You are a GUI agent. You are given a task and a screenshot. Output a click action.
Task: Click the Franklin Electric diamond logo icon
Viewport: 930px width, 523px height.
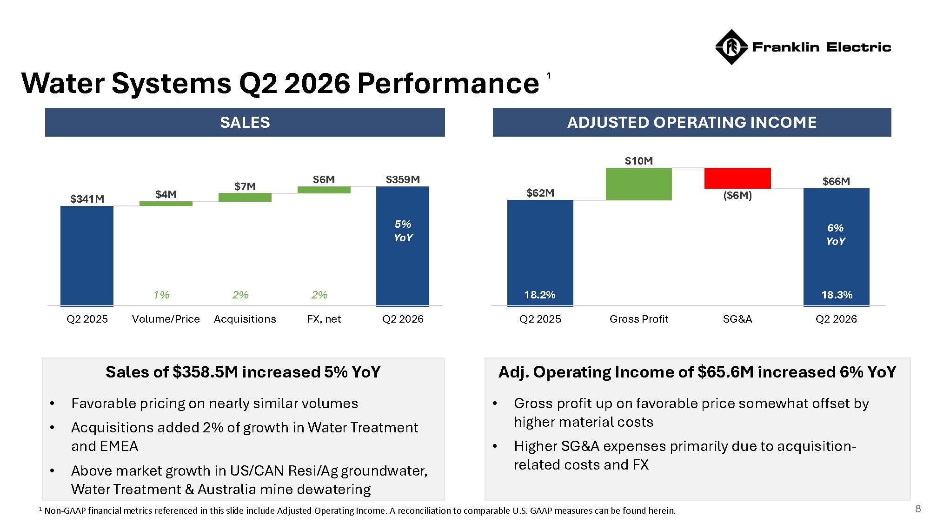coord(731,47)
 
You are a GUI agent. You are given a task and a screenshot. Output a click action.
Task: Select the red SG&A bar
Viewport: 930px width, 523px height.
coord(737,178)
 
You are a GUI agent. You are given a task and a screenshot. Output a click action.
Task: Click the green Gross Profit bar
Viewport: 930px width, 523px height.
coord(639,184)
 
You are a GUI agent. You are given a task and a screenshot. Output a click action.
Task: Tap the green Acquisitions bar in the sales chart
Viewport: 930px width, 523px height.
coord(245,197)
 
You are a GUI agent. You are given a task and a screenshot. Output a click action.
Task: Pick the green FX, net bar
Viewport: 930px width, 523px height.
coord(324,190)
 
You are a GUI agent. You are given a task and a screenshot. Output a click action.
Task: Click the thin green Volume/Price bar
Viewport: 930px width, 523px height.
coord(166,204)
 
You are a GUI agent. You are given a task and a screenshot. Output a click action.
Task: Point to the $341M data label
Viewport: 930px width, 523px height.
coord(87,199)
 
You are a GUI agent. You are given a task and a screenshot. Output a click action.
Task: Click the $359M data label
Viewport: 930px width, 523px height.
coord(403,179)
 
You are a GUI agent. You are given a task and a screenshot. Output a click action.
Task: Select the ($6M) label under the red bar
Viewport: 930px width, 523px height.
coord(737,195)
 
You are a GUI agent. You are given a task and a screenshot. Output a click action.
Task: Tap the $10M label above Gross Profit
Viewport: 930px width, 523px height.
coord(639,161)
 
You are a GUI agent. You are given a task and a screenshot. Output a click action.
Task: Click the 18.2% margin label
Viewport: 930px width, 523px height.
coord(540,295)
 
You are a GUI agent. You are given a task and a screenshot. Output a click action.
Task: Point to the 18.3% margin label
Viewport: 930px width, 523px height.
coord(837,295)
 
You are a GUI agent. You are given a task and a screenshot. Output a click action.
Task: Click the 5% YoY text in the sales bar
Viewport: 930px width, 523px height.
coord(403,231)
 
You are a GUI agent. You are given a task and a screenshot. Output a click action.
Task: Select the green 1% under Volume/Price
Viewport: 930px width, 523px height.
coord(161,295)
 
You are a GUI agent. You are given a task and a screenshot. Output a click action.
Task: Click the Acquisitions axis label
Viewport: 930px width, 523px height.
coord(245,319)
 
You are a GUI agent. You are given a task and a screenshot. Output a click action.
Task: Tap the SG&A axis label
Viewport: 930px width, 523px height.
coord(737,319)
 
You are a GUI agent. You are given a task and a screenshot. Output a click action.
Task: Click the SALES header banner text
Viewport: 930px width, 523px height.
coord(245,122)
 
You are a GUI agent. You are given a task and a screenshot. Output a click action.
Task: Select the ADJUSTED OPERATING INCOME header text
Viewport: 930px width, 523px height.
coord(692,122)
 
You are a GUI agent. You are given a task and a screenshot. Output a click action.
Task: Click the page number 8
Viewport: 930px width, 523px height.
coord(918,509)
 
